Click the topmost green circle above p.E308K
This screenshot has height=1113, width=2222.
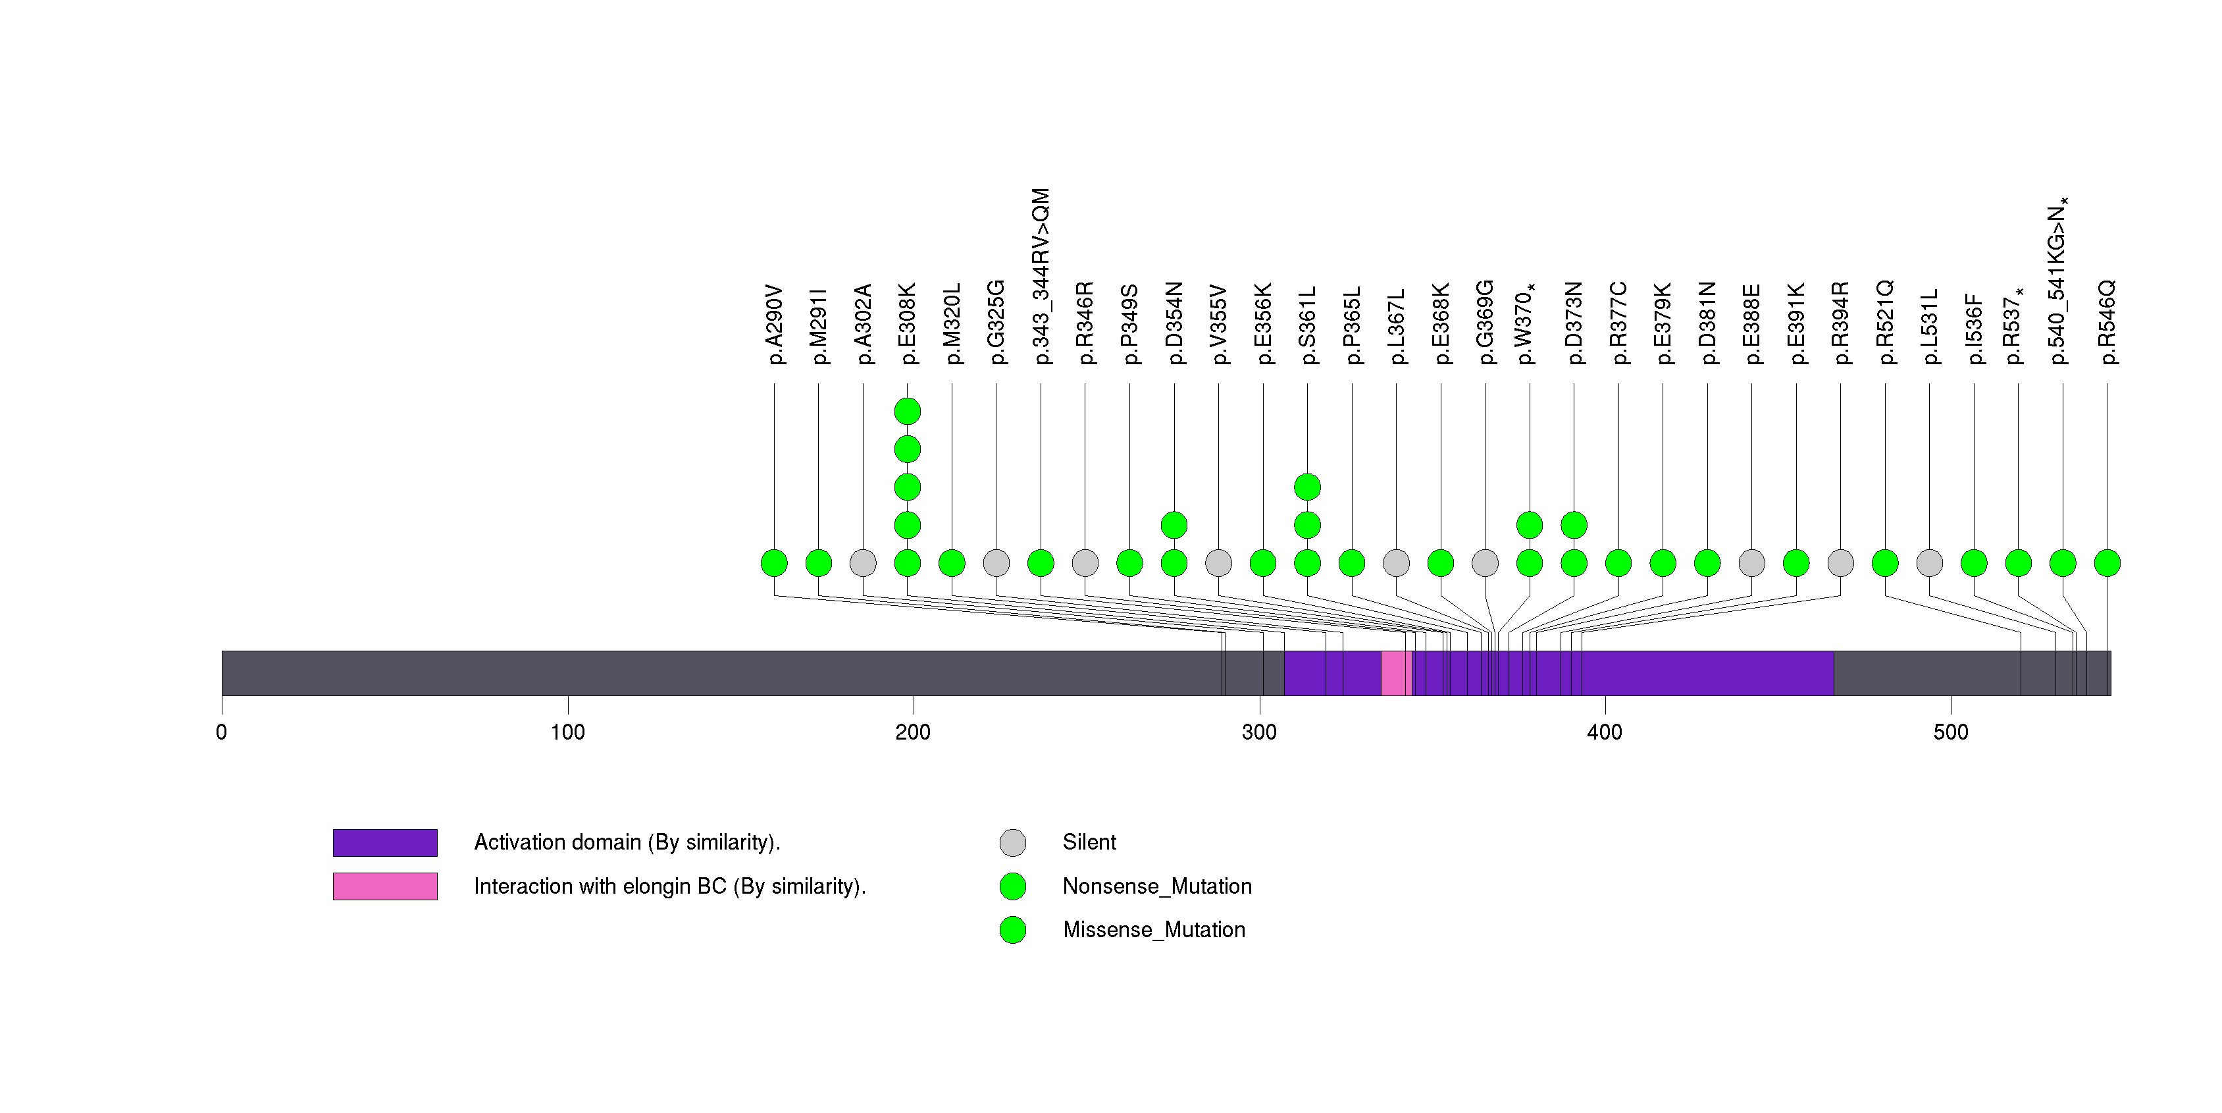[908, 412]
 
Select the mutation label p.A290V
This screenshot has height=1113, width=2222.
[775, 325]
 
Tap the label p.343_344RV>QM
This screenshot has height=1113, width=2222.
[1041, 276]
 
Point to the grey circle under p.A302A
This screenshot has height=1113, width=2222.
[864, 563]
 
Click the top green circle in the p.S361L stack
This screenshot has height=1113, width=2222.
[1308, 487]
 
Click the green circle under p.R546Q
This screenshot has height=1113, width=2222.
[2107, 563]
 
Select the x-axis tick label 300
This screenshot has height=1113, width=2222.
[1259, 732]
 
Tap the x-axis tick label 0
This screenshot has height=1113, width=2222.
[222, 732]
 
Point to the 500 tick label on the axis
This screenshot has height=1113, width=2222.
[1951, 732]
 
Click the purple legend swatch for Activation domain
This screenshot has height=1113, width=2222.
[385, 843]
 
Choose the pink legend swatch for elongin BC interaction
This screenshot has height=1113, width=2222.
[385, 886]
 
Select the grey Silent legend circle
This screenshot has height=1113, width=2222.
[1013, 843]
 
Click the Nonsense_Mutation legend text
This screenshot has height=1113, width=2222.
[1156, 886]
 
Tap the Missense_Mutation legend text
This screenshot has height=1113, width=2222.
[1154, 929]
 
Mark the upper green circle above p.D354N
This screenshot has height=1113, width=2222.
[1174, 525]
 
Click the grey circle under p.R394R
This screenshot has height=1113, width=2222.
[1841, 563]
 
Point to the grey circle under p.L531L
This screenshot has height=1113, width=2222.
[1930, 563]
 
